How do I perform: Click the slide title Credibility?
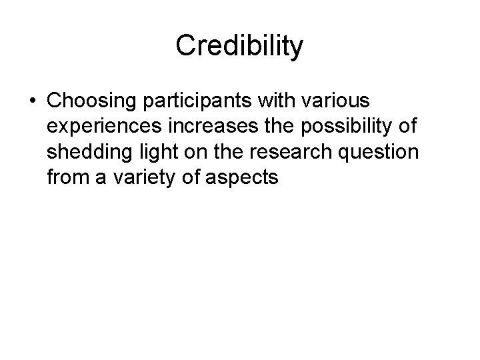coord(240,45)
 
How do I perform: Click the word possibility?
coord(339,128)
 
